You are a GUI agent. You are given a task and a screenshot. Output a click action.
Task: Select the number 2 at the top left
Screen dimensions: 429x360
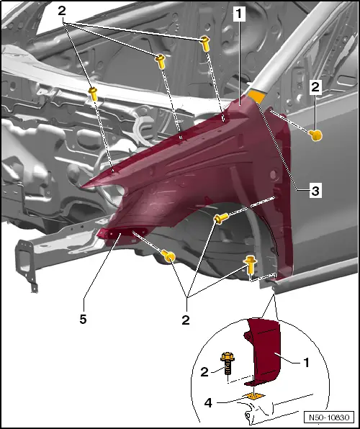(62, 11)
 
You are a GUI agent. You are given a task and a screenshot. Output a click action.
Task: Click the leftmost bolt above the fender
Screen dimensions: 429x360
(94, 91)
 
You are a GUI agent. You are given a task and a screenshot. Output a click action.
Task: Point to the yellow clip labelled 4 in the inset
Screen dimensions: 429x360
(253, 394)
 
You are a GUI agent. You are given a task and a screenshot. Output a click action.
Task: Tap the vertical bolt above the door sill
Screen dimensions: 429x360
(251, 265)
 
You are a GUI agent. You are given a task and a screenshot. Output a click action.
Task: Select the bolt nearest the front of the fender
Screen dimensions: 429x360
(168, 256)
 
